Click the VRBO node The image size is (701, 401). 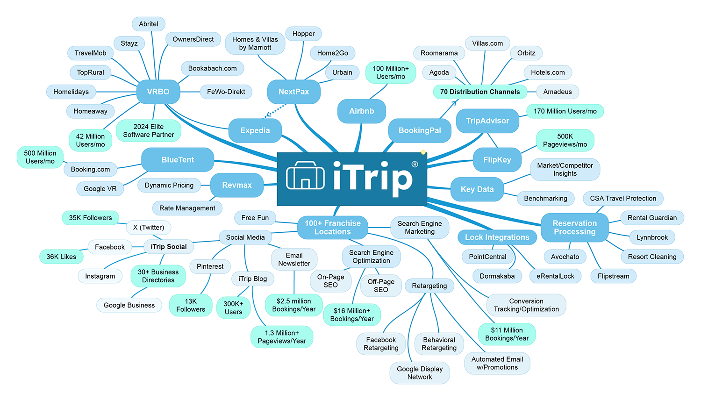pyautogui.click(x=158, y=92)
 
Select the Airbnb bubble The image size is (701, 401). pyautogui.click(x=361, y=111)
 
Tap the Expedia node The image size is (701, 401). pyautogui.click(x=255, y=130)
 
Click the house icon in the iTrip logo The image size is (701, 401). pyautogui.click(x=305, y=176)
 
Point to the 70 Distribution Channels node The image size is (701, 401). pyautogui.click(x=479, y=92)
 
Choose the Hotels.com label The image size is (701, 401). pyautogui.click(x=547, y=72)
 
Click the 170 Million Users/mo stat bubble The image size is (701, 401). pyautogui.click(x=565, y=111)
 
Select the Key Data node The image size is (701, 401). pyautogui.click(x=477, y=189)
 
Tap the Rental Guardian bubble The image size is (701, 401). pyautogui.click(x=652, y=218)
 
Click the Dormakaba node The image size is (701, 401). pyautogui.click(x=497, y=276)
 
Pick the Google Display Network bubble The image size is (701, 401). pyautogui.click(x=420, y=373)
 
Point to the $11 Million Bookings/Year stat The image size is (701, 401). pyautogui.click(x=507, y=334)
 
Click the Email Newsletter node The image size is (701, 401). pyautogui.click(x=294, y=259)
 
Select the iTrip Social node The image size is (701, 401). pyautogui.click(x=168, y=247)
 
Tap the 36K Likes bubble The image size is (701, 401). pyautogui.click(x=61, y=257)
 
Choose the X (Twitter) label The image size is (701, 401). pyautogui.click(x=149, y=228)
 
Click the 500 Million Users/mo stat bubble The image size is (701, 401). pyautogui.click(x=40, y=157)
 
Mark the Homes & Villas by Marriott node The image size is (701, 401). pyautogui.click(x=255, y=43)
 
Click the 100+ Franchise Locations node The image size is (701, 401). pyautogui.click(x=332, y=228)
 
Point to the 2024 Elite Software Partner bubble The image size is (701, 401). pyautogui.click(x=148, y=130)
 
